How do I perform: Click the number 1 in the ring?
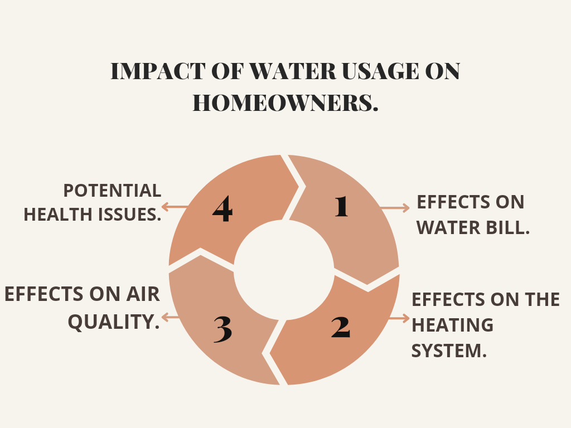(342, 207)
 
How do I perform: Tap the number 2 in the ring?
(341, 327)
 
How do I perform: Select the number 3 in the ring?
(222, 329)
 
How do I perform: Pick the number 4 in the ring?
(222, 208)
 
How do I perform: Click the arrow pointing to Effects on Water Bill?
(395, 208)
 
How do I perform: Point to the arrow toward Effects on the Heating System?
(399, 318)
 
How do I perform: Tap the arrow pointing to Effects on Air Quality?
(171, 317)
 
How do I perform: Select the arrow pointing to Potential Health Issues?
(175, 207)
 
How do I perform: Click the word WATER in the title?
(292, 71)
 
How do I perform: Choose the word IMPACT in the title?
(158, 71)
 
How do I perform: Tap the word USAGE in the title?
(380, 71)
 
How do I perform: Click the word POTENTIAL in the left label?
(112, 191)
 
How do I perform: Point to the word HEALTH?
(58, 215)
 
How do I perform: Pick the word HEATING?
(452, 325)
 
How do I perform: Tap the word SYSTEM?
(449, 351)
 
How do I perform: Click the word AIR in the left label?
(143, 294)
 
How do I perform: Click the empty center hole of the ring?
(284, 270)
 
